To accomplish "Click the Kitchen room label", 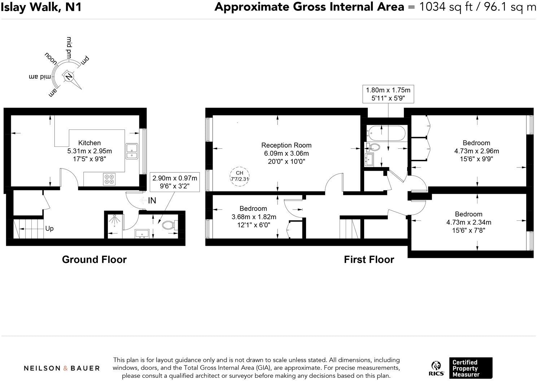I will coord(89,143).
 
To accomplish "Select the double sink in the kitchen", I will coord(132,151).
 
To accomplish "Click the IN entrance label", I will coord(152,201).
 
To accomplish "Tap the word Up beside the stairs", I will coord(49,228).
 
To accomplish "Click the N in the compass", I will coord(68,76).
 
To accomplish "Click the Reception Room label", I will coord(286,145).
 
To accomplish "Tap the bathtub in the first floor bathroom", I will coord(386,133).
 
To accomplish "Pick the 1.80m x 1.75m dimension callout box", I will coord(388,94).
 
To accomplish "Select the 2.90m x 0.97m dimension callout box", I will coord(175,182).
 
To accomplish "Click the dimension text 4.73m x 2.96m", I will coord(476,151).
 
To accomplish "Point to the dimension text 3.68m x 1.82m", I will coord(254,217).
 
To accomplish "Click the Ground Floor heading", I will coord(94,259).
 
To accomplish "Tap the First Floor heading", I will coord(369,259).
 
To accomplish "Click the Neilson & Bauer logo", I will coord(62,368).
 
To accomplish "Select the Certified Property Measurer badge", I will coord(470,368).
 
